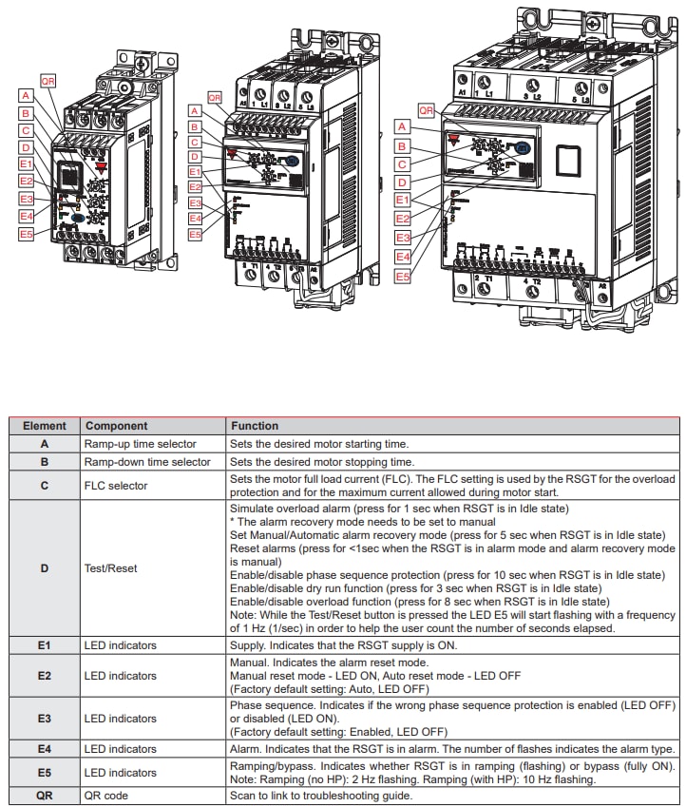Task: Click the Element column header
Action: point(45,426)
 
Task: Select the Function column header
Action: point(255,426)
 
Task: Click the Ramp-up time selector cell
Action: point(140,444)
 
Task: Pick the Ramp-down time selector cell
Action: point(147,462)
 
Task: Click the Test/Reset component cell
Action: point(110,568)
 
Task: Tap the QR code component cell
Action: point(105,796)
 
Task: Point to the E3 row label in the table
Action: point(45,719)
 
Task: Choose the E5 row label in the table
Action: point(45,773)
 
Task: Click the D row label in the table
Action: point(45,568)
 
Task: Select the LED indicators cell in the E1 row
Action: point(120,645)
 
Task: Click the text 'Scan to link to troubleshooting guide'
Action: point(321,796)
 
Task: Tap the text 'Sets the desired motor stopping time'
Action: point(318,462)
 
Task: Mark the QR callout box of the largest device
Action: point(427,111)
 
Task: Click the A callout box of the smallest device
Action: point(26,96)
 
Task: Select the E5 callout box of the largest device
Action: point(403,277)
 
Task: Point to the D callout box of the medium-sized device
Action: point(195,157)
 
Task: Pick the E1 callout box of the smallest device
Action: point(26,163)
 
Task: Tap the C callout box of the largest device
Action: point(403,163)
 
